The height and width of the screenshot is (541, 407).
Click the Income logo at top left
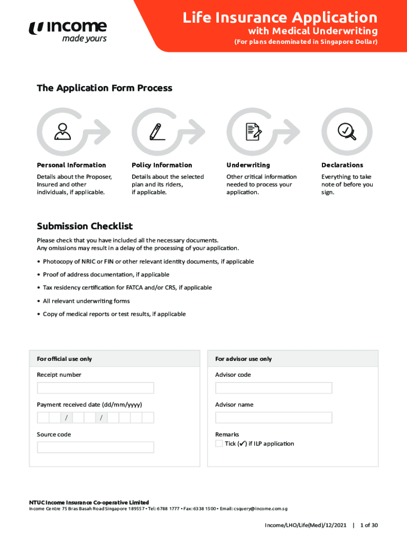(x=68, y=31)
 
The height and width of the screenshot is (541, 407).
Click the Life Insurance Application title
(x=280, y=18)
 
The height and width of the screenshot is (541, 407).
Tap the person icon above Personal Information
(x=62, y=131)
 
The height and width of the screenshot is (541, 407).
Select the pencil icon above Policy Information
(x=156, y=131)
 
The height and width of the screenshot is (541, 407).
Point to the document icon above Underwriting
(x=252, y=131)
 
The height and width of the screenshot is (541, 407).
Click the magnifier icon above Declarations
(x=346, y=130)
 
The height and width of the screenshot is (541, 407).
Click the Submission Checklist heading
(x=85, y=226)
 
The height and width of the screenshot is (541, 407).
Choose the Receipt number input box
(x=95, y=388)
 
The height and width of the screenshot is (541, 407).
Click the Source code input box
(x=95, y=447)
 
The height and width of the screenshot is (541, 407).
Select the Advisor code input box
(x=274, y=388)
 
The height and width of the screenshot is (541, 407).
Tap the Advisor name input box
(x=274, y=417)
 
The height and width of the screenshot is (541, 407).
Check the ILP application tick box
(x=219, y=443)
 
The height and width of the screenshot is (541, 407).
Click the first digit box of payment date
(x=43, y=418)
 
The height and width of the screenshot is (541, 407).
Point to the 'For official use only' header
(x=64, y=359)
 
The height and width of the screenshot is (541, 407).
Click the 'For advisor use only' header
(x=243, y=359)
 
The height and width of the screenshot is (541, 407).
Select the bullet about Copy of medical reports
(x=114, y=314)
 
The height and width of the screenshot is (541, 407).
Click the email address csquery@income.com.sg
(x=261, y=509)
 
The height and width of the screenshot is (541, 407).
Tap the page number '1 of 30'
(x=369, y=525)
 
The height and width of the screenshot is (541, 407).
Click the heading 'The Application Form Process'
(x=105, y=88)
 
